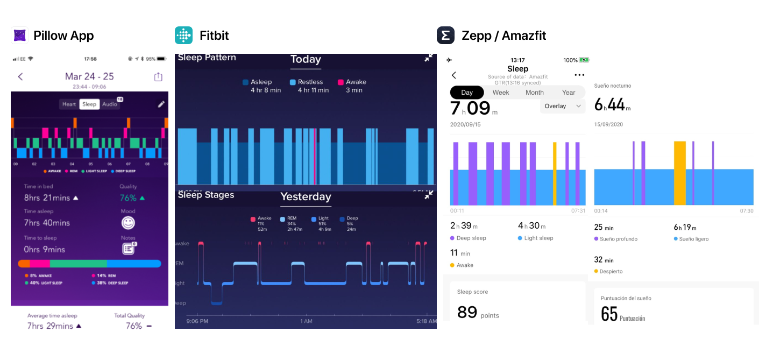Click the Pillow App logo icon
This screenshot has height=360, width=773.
[19, 36]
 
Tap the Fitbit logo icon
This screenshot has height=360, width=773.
[183, 36]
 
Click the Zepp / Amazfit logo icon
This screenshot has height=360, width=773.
[445, 36]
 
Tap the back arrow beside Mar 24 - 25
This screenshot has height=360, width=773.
[20, 76]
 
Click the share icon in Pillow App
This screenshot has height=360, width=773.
[158, 77]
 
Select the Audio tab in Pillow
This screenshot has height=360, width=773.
[110, 104]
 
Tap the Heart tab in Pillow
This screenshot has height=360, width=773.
[69, 104]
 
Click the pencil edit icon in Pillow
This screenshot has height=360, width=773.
[161, 104]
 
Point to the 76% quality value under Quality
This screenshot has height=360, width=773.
[128, 198]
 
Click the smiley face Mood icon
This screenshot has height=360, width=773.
[128, 223]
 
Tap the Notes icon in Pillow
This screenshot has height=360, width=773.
[128, 249]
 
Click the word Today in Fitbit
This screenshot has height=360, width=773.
[306, 60]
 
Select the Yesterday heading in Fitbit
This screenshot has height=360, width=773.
[306, 197]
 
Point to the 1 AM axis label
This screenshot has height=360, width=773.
[306, 321]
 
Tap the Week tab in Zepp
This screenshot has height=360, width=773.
[500, 93]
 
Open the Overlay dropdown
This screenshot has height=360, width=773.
[562, 106]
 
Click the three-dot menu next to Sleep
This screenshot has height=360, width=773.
[579, 75]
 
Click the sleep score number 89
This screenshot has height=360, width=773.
[467, 312]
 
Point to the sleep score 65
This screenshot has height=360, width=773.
[609, 314]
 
